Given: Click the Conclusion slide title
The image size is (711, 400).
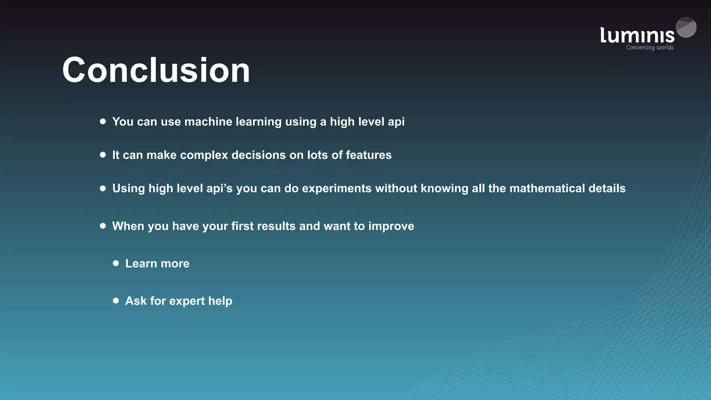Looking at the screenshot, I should (156, 70).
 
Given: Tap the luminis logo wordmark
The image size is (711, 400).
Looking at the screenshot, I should (637, 35).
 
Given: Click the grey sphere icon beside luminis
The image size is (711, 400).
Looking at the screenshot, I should (686, 27).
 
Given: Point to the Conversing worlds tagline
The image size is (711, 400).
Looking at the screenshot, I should (650, 48).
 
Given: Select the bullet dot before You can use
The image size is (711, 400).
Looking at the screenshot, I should (103, 121).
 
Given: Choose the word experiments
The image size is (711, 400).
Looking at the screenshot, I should (337, 189).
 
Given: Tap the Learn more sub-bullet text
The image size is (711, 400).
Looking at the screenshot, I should (157, 264).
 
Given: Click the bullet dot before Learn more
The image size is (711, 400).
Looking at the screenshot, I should (116, 263).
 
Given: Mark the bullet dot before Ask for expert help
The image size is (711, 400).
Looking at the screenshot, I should (116, 300).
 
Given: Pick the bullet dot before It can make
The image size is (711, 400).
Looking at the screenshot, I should (103, 155).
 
